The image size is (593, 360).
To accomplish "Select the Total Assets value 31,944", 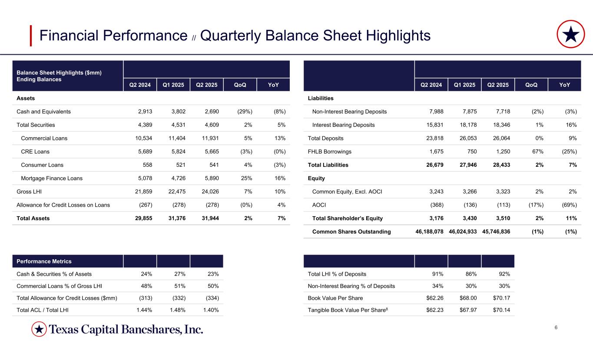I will (x=208, y=218).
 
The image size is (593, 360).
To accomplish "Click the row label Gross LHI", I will (x=29, y=192).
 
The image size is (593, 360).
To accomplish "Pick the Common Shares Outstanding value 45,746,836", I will (x=496, y=232).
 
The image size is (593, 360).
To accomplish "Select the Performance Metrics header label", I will (x=44, y=261).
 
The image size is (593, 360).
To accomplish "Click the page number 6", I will (x=556, y=327).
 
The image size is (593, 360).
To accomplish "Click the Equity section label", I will (x=316, y=178).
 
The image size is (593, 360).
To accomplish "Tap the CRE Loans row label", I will (x=35, y=152).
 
